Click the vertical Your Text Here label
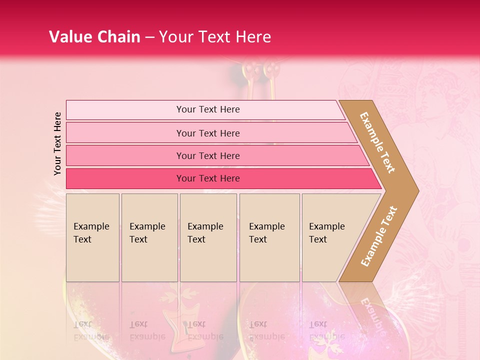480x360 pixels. (57, 143)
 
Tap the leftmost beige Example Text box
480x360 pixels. (92, 237)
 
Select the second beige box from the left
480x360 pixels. (149, 237)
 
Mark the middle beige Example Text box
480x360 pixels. (208, 237)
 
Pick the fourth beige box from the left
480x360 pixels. (269, 237)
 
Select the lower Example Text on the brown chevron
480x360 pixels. (378, 236)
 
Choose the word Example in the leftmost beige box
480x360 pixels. (91, 226)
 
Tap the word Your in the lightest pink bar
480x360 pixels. (185, 109)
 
